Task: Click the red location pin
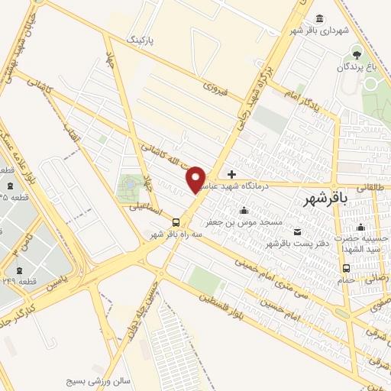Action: coord(196,179)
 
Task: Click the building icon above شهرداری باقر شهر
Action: coord(318,18)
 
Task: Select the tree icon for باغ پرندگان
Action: coord(355,53)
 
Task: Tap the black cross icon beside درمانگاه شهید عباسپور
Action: coord(232,174)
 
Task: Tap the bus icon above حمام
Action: coord(347,268)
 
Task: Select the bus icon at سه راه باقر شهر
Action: coord(177,222)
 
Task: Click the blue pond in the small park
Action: coord(128,184)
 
